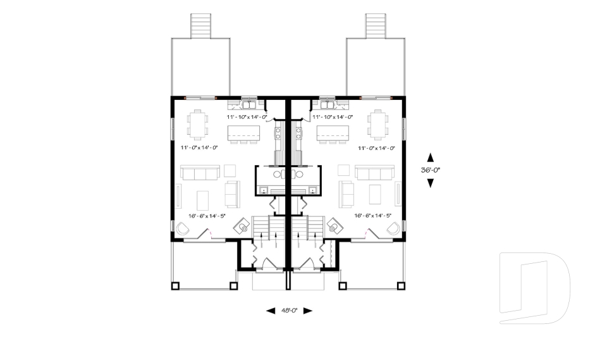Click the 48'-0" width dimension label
point(290,311)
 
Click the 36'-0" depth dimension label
point(431,170)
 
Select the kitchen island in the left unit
point(243,133)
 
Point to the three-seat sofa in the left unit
point(199,173)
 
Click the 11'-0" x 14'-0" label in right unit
point(376,148)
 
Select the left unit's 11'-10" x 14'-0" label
point(247,117)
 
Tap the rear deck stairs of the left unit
point(201,25)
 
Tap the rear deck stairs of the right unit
point(375,25)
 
